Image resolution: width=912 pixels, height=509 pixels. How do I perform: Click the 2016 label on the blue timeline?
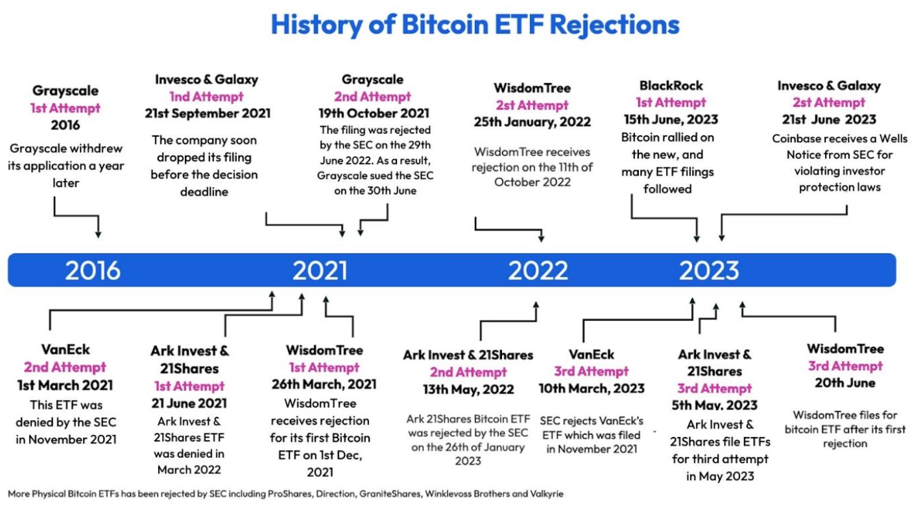[x=93, y=270]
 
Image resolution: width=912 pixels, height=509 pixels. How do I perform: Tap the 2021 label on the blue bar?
[x=320, y=270]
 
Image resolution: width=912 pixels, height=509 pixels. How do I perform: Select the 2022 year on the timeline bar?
[x=538, y=270]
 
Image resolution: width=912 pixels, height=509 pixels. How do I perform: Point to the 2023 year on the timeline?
[x=709, y=270]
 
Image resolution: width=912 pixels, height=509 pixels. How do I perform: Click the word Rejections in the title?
[x=615, y=25]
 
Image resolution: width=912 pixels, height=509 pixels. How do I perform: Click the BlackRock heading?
[x=671, y=86]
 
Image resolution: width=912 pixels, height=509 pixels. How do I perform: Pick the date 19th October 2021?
[x=374, y=113]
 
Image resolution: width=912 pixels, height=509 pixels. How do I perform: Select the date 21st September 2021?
[x=208, y=113]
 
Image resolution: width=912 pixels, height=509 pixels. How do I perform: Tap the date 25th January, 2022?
[x=532, y=122]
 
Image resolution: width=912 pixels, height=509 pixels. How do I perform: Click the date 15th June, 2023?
[x=671, y=119]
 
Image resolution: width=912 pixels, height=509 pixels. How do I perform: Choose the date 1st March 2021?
[x=65, y=385]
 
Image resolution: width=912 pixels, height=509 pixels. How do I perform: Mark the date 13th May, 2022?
[x=468, y=390]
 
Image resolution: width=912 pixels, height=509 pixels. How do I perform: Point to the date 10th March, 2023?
[x=592, y=389]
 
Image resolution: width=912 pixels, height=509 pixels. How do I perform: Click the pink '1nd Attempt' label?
[x=206, y=97]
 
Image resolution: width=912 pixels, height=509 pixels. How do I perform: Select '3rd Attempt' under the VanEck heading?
[x=591, y=371]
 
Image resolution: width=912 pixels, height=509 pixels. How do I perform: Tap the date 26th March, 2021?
[x=324, y=384]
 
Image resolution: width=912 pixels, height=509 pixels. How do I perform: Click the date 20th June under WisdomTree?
[x=845, y=383]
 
